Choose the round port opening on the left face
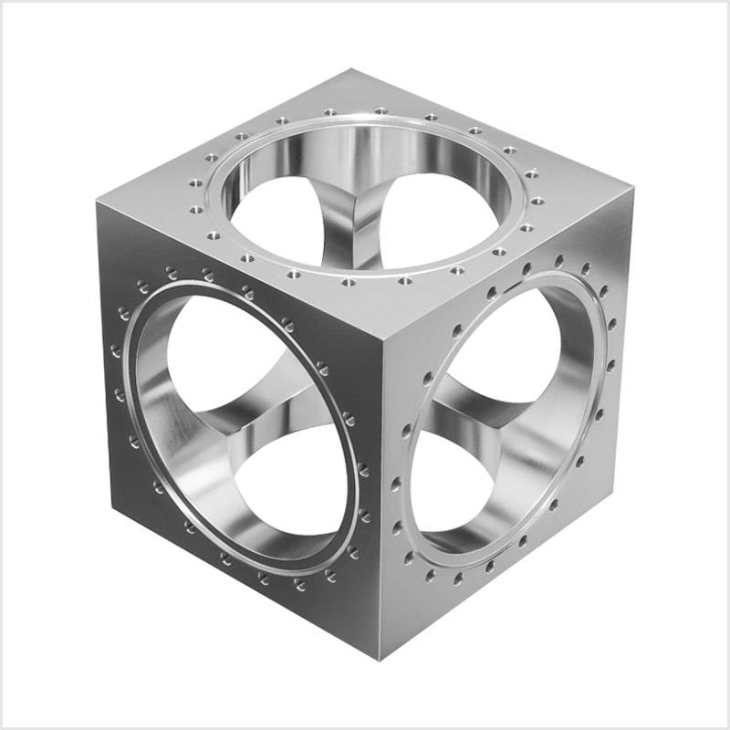(242, 429)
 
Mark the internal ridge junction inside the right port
(497, 422)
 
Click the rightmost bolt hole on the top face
(537, 199)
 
